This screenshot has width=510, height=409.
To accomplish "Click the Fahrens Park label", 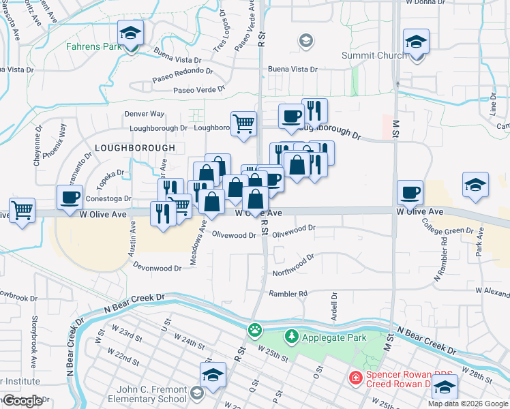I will coord(93,47).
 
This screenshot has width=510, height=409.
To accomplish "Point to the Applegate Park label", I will coord(334,337).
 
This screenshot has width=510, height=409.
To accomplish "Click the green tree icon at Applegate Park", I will coord(292,337).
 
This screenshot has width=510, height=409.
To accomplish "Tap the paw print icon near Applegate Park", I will coord(255,330).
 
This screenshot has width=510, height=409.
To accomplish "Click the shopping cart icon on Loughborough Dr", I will coord(243,123).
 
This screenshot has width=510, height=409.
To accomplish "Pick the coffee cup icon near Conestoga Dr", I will coord(70,197).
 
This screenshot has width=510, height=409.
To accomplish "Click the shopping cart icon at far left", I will coord(22,208).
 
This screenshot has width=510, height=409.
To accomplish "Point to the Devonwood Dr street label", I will coord(157,268).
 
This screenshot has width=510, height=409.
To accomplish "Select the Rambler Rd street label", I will coord(288,294).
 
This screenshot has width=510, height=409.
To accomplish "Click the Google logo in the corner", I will coord(22,400).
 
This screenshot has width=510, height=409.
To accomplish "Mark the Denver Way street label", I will coord(144,114).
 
